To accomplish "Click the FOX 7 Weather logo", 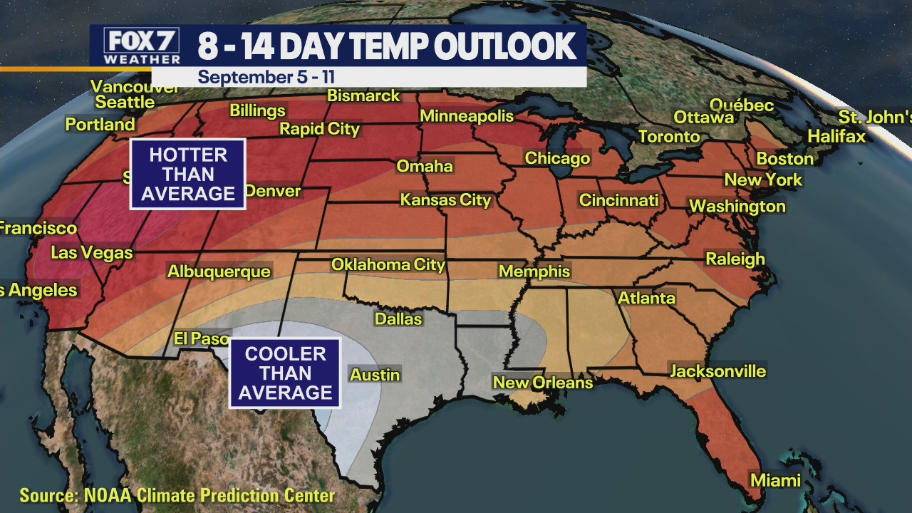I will (142, 46).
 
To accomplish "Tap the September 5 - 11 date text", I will (266, 77).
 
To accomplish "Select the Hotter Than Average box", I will (187, 175).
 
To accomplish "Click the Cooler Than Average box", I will (285, 373).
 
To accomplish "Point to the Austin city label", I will (375, 375).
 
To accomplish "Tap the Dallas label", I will (398, 319).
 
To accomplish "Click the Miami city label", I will (775, 480).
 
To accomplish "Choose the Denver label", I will (273, 192).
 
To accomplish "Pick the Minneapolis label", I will (467, 116).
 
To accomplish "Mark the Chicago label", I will (557, 158).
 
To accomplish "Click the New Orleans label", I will (543, 383).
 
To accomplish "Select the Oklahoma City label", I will (388, 265).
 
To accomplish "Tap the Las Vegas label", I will (92, 252).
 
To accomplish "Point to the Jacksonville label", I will (717, 371).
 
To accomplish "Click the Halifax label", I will (836, 136).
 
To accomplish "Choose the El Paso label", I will (202, 338).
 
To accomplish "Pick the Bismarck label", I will (363, 95).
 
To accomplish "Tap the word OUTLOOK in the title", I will (504, 47).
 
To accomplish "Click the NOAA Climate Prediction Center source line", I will (177, 495).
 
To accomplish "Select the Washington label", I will (737, 207).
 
